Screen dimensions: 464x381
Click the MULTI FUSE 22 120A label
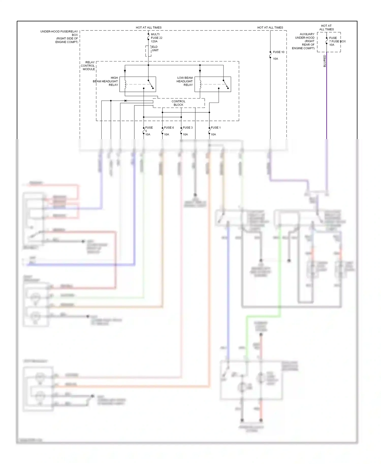coord(156,38)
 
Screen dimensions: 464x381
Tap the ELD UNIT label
coord(155,48)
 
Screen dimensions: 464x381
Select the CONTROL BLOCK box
coord(179,103)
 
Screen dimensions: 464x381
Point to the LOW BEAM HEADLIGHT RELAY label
coord(185,81)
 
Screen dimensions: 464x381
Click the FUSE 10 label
coord(278,52)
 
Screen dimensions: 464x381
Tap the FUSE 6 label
coord(169,128)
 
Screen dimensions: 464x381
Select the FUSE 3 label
coord(188,128)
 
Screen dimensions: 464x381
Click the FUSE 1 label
coord(216,128)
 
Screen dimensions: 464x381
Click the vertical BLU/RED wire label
coord(324,61)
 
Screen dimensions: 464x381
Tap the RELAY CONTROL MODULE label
coord(88,65)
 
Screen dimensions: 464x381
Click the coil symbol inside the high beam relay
coord(125,85)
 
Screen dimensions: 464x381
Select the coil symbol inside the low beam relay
coord(200,85)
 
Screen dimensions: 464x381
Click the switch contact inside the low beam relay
coord(226,85)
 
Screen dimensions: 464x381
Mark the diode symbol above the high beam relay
coord(125,71)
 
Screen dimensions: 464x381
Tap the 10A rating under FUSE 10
coord(275,59)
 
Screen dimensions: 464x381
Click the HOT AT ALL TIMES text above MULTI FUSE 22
coord(149,27)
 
